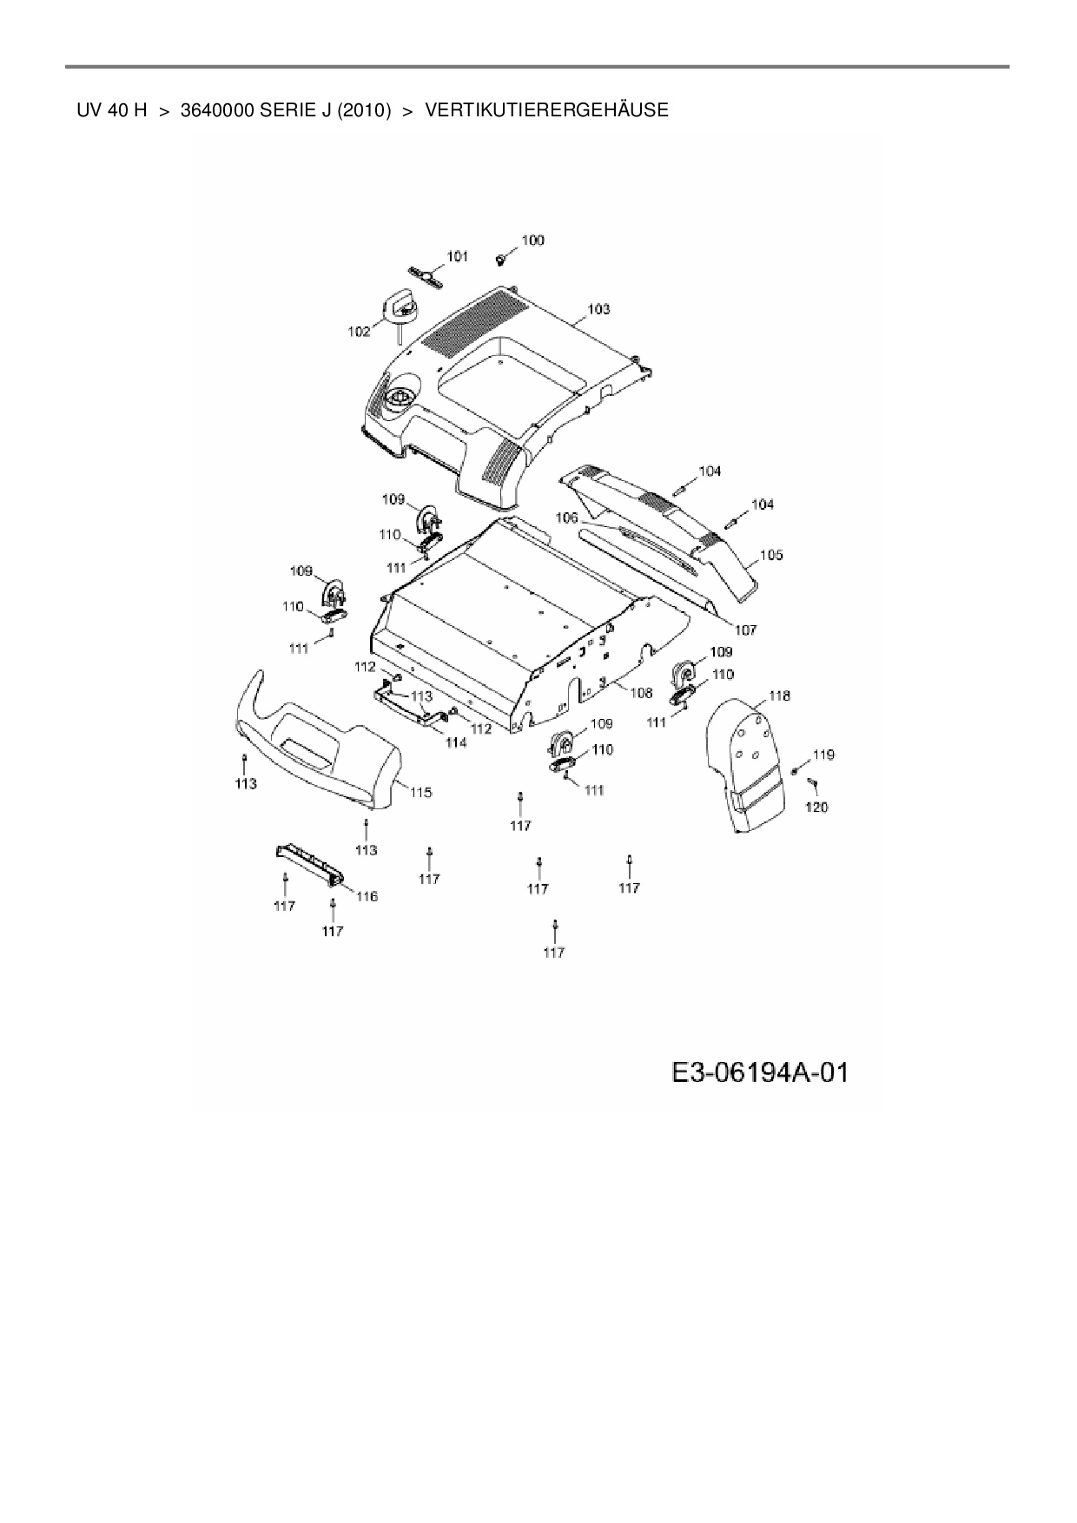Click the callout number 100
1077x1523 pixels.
(x=532, y=240)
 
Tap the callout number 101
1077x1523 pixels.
(x=457, y=256)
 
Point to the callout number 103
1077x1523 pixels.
(x=598, y=308)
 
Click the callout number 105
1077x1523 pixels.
(x=771, y=554)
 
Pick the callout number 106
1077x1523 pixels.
(x=566, y=518)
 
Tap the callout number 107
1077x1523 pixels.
(x=745, y=630)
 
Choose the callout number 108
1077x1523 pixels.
(x=641, y=693)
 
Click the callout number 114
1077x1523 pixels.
(x=455, y=742)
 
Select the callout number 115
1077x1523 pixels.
(x=421, y=792)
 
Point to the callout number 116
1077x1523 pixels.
(x=367, y=896)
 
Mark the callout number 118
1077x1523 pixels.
(x=779, y=696)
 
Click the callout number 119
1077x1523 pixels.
(x=823, y=755)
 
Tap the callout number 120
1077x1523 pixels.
(x=816, y=807)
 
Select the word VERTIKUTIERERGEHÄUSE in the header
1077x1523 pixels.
(x=547, y=110)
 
